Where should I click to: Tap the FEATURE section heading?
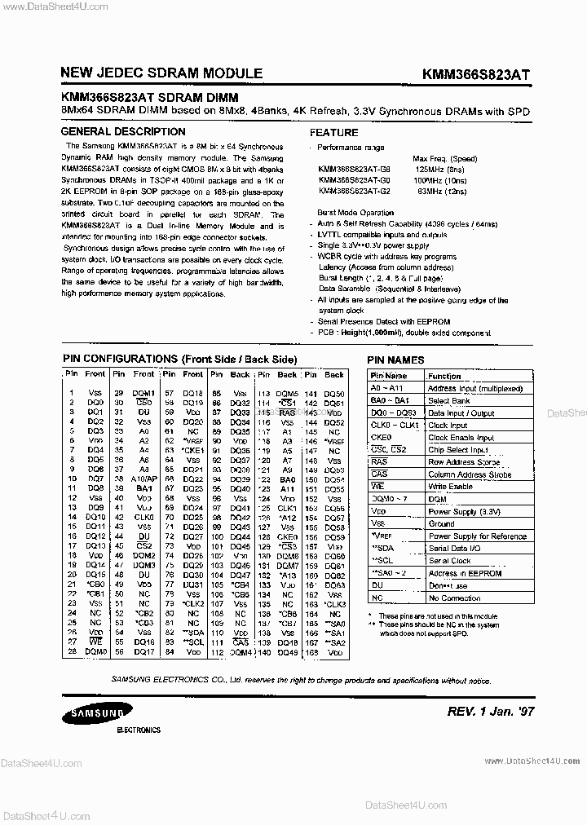(333, 133)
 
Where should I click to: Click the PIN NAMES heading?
(395, 360)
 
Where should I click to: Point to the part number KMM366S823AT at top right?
(476, 73)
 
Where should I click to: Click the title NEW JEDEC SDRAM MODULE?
(161, 73)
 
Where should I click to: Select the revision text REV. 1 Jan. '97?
(491, 711)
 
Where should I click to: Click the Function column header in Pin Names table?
(444, 376)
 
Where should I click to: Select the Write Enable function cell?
(451, 487)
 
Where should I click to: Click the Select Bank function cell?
(449, 401)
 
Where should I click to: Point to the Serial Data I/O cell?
(459, 549)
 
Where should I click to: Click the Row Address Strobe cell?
(464, 462)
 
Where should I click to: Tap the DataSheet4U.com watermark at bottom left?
(41, 813)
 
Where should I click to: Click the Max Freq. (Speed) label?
(445, 158)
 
